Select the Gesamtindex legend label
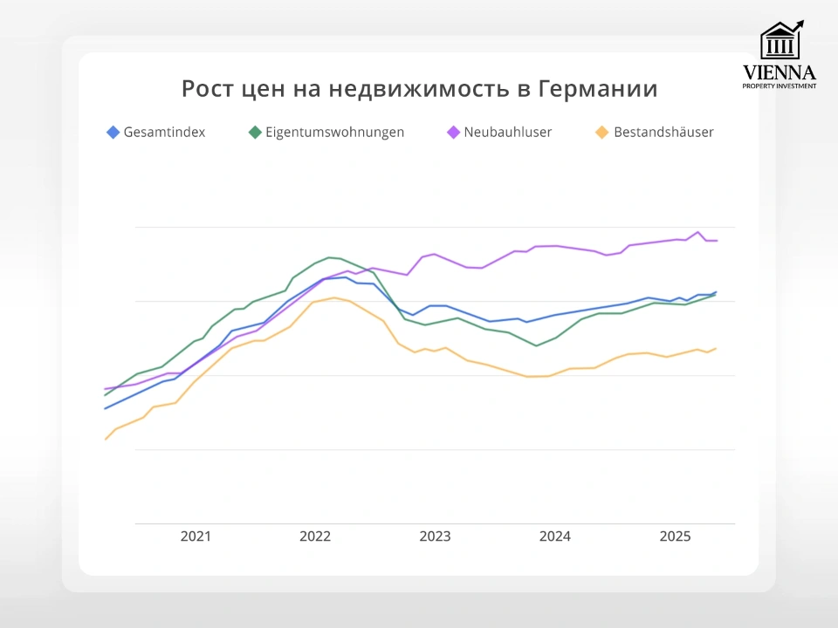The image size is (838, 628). tap(165, 133)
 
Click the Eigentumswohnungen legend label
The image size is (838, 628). tap(334, 133)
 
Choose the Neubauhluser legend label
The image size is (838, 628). tap(508, 133)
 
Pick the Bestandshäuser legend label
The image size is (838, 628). tap(663, 133)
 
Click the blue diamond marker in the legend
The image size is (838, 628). tap(113, 133)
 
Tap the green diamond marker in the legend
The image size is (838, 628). tap(255, 133)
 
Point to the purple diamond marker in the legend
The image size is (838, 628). tap(453, 133)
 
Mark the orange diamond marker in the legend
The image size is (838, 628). tap(601, 133)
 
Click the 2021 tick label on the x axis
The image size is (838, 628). tap(196, 536)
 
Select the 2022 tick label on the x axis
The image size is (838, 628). tap(315, 536)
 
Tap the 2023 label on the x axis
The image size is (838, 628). tap(435, 536)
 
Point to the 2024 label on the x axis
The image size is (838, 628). tap(555, 536)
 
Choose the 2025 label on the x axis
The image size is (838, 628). tap(675, 536)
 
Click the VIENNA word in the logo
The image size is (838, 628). tap(780, 72)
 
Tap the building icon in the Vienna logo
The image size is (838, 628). tap(780, 41)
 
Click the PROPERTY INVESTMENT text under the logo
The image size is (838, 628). tap(780, 86)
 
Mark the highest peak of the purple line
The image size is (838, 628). tap(697, 232)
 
